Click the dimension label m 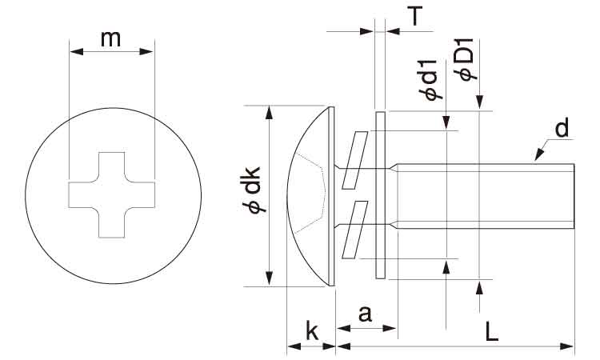(x=110, y=39)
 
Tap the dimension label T (x=414, y=16)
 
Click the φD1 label (x=464, y=60)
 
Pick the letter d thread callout (x=562, y=128)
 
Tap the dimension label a (x=366, y=314)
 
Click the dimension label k (x=312, y=331)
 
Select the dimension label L (x=492, y=331)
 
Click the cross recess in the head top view (x=112, y=195)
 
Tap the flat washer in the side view (x=381, y=195)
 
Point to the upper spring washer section (x=354, y=160)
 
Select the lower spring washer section (x=354, y=230)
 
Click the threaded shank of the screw (x=486, y=196)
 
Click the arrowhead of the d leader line (x=538, y=155)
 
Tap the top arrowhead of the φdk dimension (x=270, y=114)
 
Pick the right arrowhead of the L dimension (x=567, y=346)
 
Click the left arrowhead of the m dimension (x=76, y=51)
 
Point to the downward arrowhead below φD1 (x=479, y=102)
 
